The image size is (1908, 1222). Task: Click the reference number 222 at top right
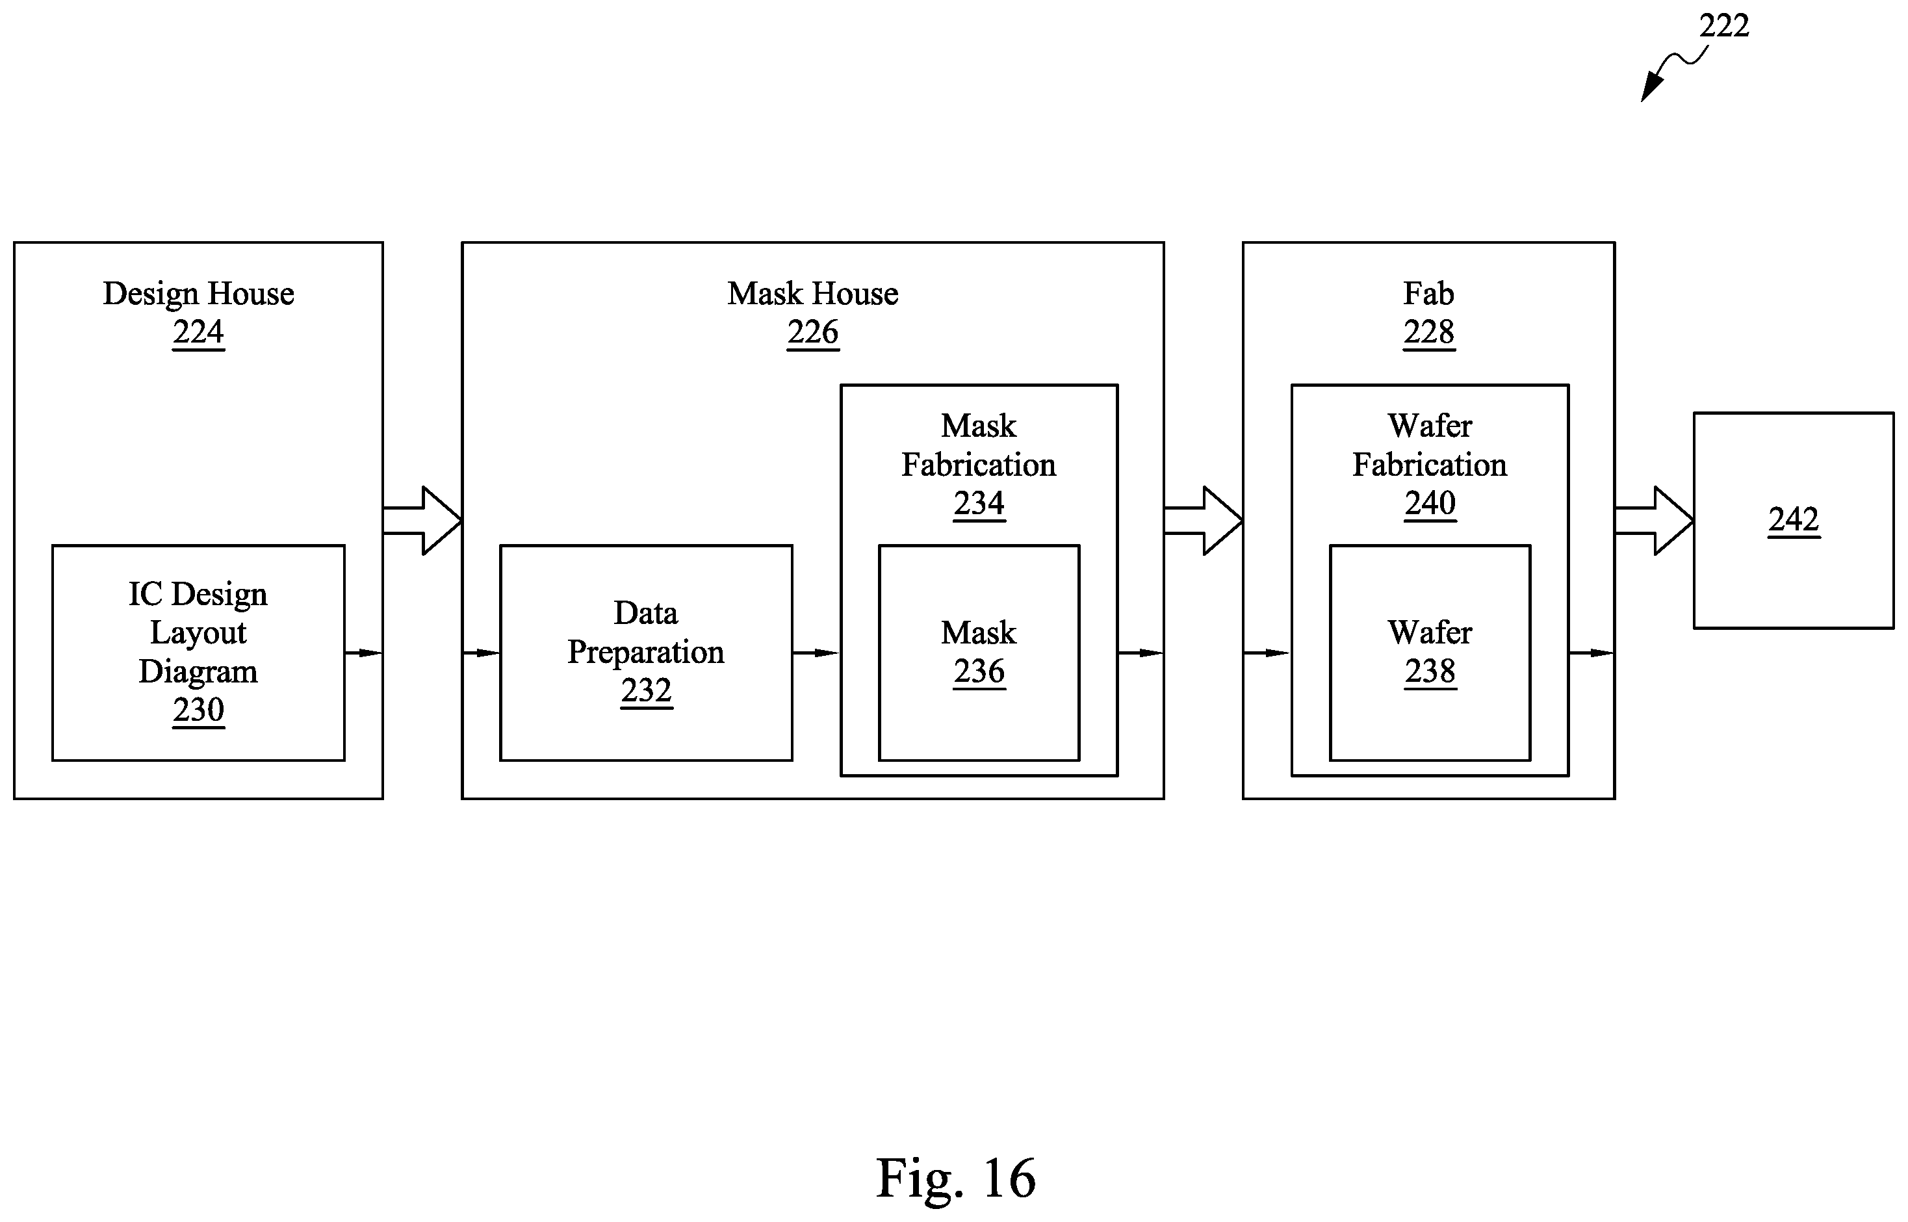coord(1724,26)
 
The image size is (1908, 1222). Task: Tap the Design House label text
coord(198,294)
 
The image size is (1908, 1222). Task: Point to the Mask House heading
coord(812,294)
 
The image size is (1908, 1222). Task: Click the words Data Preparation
coord(646,632)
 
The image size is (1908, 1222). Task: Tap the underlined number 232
coord(646,690)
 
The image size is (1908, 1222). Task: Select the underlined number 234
coord(979,503)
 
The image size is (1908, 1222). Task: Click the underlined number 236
coord(979,671)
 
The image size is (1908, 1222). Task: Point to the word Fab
coord(1428,294)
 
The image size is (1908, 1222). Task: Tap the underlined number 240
coord(1430,503)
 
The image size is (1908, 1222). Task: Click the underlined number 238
coord(1430,671)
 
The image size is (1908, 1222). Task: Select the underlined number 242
coord(1794,520)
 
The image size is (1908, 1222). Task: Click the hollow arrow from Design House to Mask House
coord(422,521)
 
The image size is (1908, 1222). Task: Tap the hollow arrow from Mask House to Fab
coord(1204,521)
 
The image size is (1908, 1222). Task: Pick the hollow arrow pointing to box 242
coord(1654,521)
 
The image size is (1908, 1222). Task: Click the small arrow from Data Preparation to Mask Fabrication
coord(816,653)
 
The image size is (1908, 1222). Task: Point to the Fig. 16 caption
coord(955,1178)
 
